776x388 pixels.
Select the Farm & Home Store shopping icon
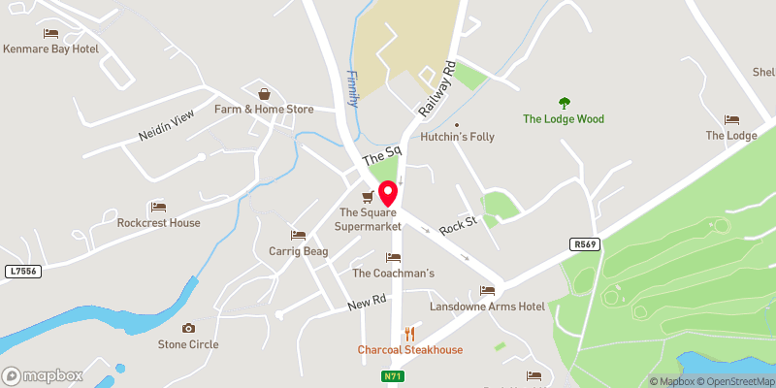point(264,95)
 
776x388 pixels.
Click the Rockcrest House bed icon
point(158,208)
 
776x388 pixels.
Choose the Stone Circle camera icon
point(188,329)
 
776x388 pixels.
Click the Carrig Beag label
point(297,251)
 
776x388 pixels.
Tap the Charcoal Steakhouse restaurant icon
point(408,334)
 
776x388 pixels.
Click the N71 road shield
point(392,376)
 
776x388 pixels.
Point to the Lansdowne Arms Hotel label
point(488,307)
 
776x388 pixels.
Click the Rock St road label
point(458,225)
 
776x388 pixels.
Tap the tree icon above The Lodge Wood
point(564,103)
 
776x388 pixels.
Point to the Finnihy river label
point(353,87)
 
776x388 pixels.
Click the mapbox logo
point(42,375)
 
